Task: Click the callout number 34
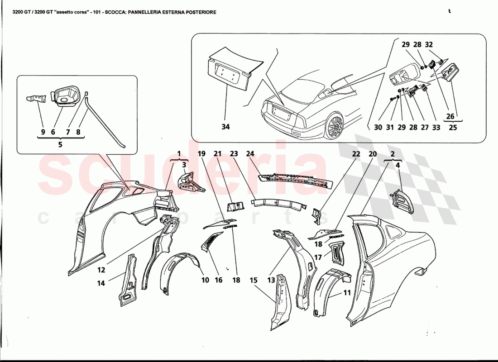225,127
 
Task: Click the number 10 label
205,280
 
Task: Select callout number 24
250,153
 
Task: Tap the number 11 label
347,293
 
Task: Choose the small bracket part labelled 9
38,98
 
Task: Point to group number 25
453,128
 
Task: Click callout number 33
436,128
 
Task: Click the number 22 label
356,154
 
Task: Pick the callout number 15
254,280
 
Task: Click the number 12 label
101,270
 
